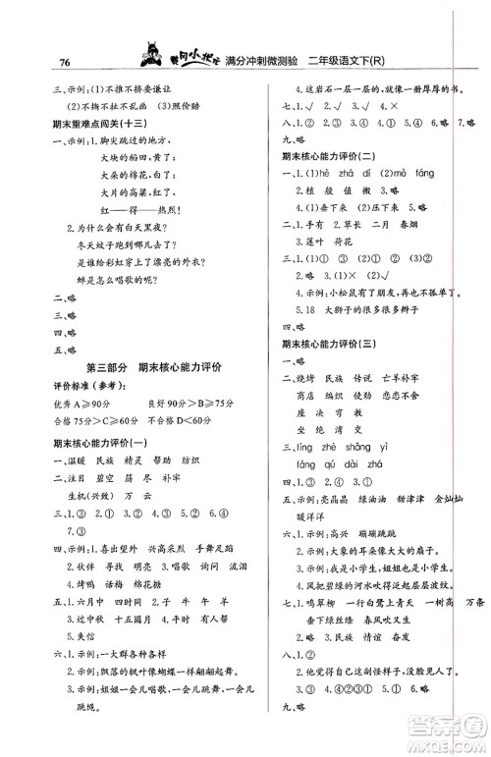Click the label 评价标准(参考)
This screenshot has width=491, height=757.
pos(81,386)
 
